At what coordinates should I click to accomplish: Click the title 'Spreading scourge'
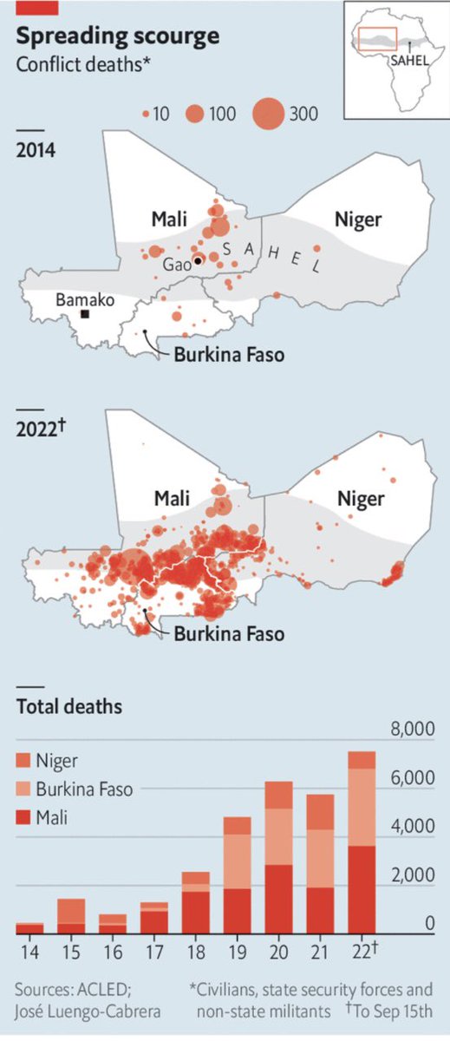pos(118,36)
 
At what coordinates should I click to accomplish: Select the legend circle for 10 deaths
pos(146,114)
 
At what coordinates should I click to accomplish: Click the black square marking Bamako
pos(85,314)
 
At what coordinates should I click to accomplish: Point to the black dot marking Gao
pos(198,260)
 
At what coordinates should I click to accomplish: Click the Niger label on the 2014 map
pos(358,219)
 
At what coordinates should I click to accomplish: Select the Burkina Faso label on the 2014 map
pos(229,354)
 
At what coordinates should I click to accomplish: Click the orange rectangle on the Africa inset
pos(375,38)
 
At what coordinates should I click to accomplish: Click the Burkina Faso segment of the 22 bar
pos(362,807)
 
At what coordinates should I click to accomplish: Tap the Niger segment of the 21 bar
pos(320,811)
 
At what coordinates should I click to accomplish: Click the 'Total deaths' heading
pos(70,706)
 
